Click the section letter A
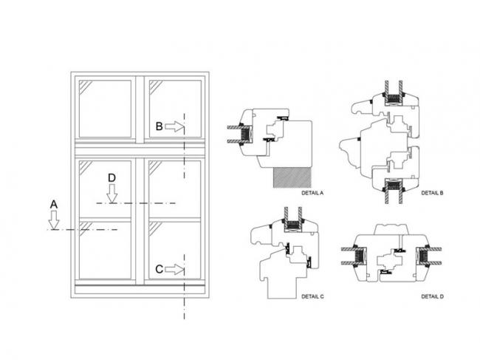pos(54,204)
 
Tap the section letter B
pos(160,126)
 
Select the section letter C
pos(160,269)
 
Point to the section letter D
pos(112,178)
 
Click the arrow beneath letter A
pos(54,220)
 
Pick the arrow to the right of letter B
pos(174,126)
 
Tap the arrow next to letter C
pos(174,269)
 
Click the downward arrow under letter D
pos(112,194)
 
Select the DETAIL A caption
pos(312,193)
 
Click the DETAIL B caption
pos(432,193)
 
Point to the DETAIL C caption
pos(312,296)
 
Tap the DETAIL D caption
pos(432,296)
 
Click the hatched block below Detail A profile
pos(292,177)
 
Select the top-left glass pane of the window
pos(105,109)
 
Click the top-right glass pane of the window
pos(175,109)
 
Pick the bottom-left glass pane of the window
pos(105,251)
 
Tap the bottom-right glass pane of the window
pos(175,251)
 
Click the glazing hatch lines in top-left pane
pos(86,86)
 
